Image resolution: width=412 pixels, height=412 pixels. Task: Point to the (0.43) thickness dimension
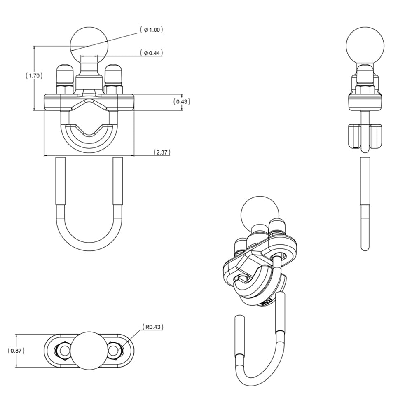pyautogui.click(x=182, y=101)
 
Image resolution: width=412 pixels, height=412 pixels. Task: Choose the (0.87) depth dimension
pyautogui.click(x=16, y=351)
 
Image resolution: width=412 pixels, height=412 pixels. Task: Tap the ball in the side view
pyautogui.click(x=364, y=46)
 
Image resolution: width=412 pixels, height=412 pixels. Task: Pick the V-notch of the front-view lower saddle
pyautogui.click(x=89, y=134)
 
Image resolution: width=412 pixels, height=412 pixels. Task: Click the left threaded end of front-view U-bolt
pyautogui.click(x=59, y=181)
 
